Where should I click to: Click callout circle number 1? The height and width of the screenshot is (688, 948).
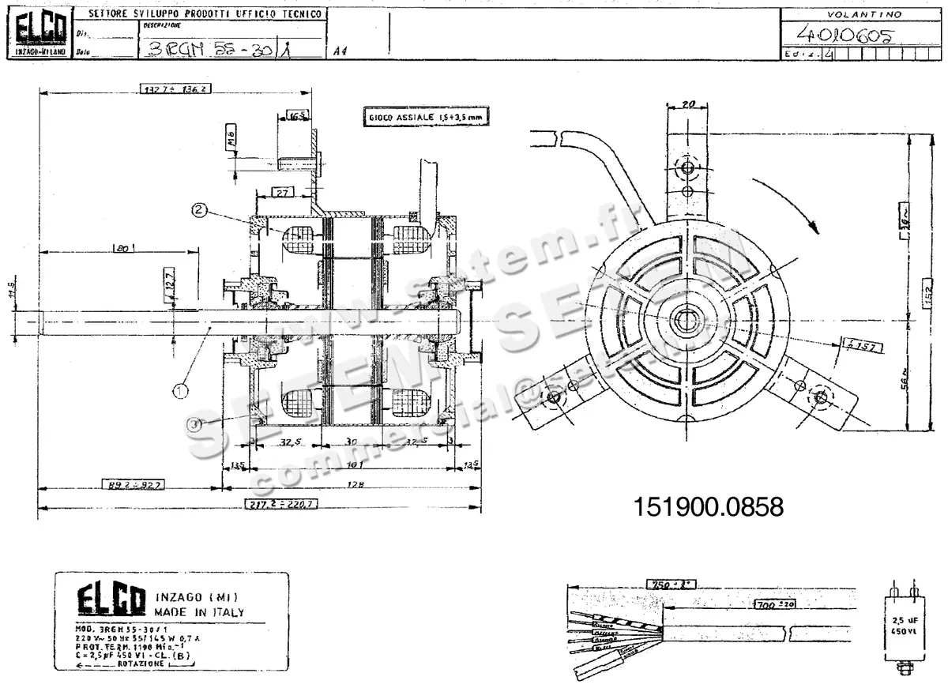tap(181, 389)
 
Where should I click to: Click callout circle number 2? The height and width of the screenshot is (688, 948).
tap(199, 210)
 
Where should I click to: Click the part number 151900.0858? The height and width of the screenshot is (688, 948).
tap(708, 507)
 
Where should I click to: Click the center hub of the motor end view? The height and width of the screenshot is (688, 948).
tap(683, 320)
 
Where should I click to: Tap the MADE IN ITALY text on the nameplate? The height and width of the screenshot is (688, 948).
tap(199, 612)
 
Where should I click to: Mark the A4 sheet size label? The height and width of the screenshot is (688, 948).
tap(340, 51)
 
